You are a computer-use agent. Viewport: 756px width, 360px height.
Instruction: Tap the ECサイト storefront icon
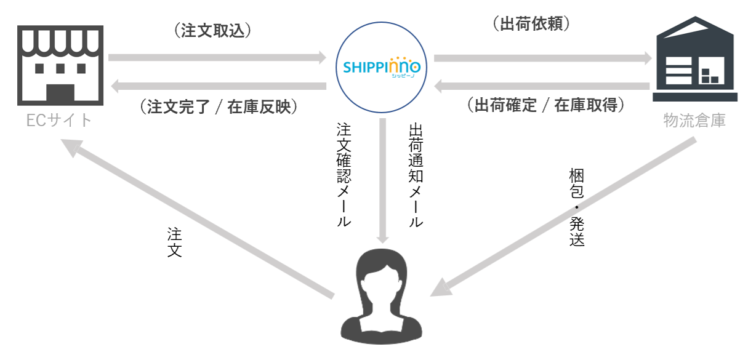60,65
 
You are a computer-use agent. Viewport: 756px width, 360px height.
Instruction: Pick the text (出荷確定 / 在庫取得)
546,105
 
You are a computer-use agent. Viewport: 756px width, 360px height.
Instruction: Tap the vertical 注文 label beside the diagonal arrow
175,242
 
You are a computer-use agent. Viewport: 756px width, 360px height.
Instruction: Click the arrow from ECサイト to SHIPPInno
217,58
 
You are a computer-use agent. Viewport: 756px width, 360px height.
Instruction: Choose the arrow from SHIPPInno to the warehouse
542,58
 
